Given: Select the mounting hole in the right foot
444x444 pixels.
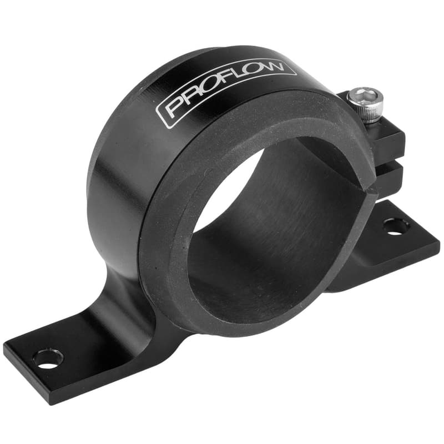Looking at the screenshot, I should [x=396, y=226].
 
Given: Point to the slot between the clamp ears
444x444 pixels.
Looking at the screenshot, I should [x=391, y=162].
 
